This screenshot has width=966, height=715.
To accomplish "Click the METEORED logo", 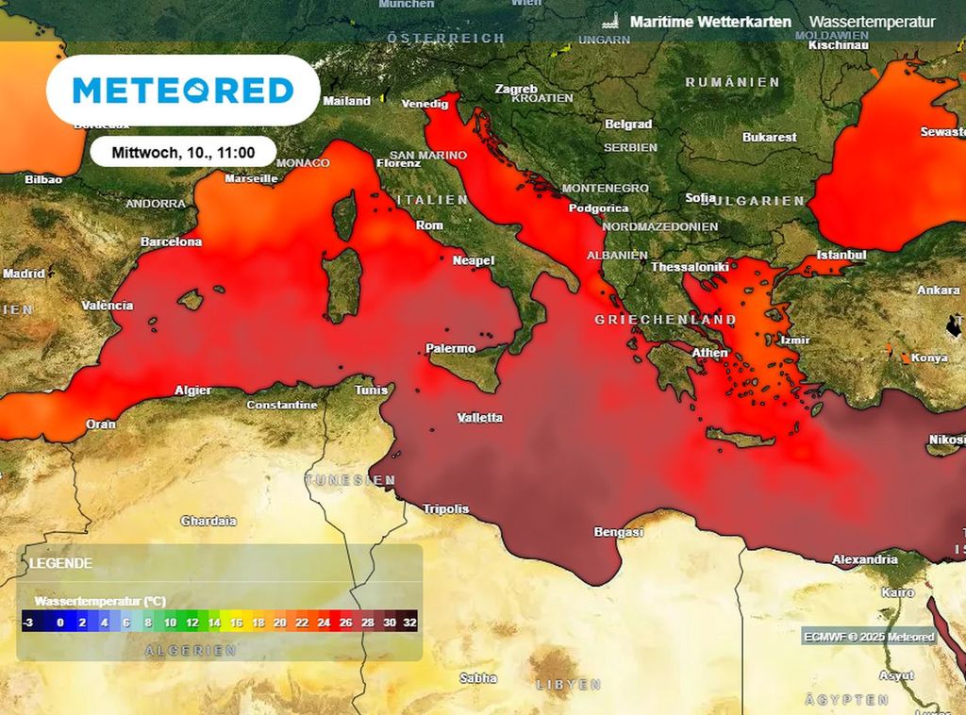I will coord(183,91).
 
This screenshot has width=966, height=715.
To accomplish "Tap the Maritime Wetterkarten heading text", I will coord(709,22).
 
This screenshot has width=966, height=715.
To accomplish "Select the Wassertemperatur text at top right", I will coord(872,22).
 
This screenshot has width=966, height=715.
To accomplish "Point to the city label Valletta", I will coord(479,418).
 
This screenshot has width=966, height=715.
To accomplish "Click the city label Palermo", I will coord(451,348).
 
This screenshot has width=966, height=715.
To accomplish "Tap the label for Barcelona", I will coord(171,241).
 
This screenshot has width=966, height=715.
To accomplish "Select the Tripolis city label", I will coord(445,508).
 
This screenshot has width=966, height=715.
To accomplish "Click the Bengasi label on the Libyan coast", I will coord(618,532).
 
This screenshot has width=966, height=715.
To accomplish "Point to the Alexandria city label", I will coord(864,559).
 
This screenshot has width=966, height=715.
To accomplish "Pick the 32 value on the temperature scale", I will coord(408,623).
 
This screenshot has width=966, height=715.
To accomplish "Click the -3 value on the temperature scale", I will coord(28,623).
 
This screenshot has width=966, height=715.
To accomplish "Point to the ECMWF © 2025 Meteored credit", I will coord(869,637).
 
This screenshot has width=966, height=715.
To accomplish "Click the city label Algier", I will coord(192,390).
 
